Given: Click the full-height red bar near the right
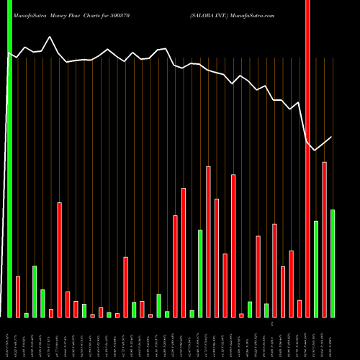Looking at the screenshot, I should click(x=307, y=158).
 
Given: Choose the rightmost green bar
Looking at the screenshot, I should click(x=332, y=264).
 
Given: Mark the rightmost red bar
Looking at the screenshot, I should click(x=324, y=240).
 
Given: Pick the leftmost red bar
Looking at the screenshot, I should click(x=18, y=297).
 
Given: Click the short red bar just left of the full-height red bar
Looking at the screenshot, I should click(x=300, y=309).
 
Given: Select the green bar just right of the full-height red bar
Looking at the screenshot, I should click(x=316, y=269).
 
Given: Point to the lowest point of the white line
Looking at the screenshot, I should click(x=315, y=150).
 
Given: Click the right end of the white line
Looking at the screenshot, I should click(x=332, y=137).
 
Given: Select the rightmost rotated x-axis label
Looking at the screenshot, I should click(x=332, y=338).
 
